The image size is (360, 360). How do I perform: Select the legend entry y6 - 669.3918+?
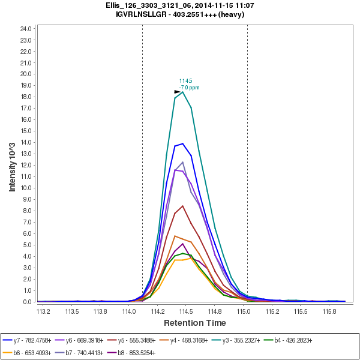click(91, 340)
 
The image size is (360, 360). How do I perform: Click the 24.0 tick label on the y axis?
click(26, 28)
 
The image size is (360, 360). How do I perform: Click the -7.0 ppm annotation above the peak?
click(190, 88)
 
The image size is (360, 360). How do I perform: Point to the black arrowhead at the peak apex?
click(178, 92)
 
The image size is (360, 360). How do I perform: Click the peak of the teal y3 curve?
click(183, 92)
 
